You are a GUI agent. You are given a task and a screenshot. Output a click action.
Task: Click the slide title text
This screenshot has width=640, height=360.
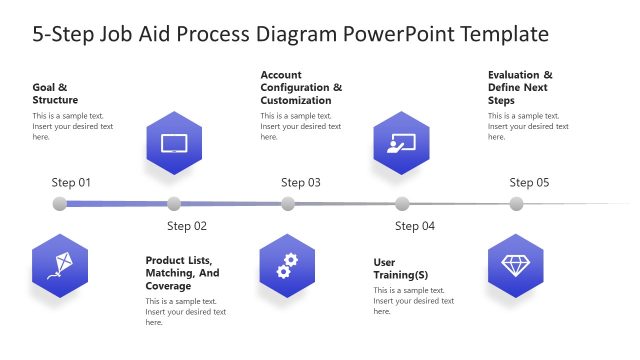[291, 34]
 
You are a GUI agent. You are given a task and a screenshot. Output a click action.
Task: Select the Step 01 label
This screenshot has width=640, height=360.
[71, 183]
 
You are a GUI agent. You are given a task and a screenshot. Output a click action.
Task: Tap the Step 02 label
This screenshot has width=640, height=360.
[187, 226]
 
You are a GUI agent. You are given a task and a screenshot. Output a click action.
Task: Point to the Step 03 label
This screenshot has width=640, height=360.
[300, 183]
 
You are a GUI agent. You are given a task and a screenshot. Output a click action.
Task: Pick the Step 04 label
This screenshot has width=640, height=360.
[415, 226]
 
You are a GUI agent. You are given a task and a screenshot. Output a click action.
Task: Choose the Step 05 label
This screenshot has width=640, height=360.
[529, 183]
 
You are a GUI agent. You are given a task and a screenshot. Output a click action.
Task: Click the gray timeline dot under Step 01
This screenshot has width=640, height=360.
[60, 204]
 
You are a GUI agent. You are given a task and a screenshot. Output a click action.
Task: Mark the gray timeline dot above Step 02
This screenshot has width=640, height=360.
[174, 204]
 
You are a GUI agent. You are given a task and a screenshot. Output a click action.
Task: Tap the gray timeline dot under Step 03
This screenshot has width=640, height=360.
[288, 204]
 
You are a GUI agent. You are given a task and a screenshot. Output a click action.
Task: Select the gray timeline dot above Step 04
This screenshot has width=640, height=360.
[402, 204]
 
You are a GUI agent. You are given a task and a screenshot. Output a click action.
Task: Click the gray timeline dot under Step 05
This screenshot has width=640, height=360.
[516, 204]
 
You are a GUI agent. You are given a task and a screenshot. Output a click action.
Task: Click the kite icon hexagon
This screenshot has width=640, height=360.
[60, 265]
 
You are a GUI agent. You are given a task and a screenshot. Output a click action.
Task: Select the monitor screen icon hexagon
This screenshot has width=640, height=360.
[174, 142]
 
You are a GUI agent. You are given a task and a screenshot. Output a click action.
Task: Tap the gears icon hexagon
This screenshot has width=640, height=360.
[288, 265]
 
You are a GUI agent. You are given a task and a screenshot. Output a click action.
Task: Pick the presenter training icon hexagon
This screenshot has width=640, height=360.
[402, 142]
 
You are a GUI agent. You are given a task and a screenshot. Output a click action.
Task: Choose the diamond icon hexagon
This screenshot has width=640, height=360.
[516, 265]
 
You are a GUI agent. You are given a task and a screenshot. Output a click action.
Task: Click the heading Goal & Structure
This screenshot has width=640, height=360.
[55, 93]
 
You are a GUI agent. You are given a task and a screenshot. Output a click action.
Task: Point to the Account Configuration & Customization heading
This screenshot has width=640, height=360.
[301, 88]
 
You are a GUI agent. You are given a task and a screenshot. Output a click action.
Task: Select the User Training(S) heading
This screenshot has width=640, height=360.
[401, 269]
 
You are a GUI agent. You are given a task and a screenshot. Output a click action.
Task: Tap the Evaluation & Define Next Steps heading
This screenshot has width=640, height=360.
[520, 88]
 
